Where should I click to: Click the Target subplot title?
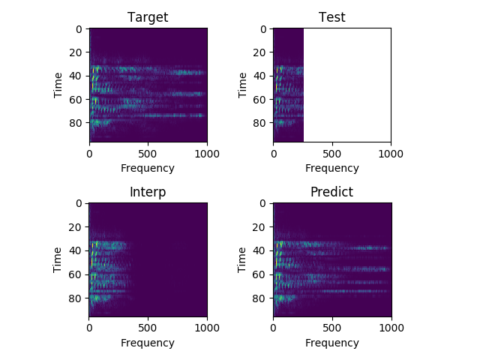click(x=148, y=17)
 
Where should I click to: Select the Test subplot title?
click(x=331, y=17)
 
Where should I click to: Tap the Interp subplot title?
click(x=148, y=192)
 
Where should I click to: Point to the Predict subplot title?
click(x=331, y=192)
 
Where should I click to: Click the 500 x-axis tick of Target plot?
click(x=148, y=154)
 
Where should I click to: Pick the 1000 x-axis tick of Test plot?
click(x=391, y=154)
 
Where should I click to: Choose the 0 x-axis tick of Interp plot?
click(x=89, y=328)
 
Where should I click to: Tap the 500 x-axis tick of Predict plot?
click(x=332, y=328)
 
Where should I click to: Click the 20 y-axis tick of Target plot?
click(x=75, y=52)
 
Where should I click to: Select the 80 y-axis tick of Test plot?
click(x=259, y=123)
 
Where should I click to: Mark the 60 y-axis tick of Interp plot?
click(x=75, y=274)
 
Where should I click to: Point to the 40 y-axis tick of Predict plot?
click(x=259, y=250)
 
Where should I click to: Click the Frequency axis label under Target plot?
click(x=148, y=168)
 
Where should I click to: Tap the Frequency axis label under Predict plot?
click(x=331, y=343)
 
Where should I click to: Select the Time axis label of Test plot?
click(x=241, y=85)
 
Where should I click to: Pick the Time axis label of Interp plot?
click(x=57, y=260)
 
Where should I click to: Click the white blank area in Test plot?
click(x=347, y=85)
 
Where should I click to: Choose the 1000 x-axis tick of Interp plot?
click(x=207, y=328)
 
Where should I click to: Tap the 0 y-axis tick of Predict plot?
click(x=262, y=203)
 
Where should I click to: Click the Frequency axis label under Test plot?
click(x=331, y=168)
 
